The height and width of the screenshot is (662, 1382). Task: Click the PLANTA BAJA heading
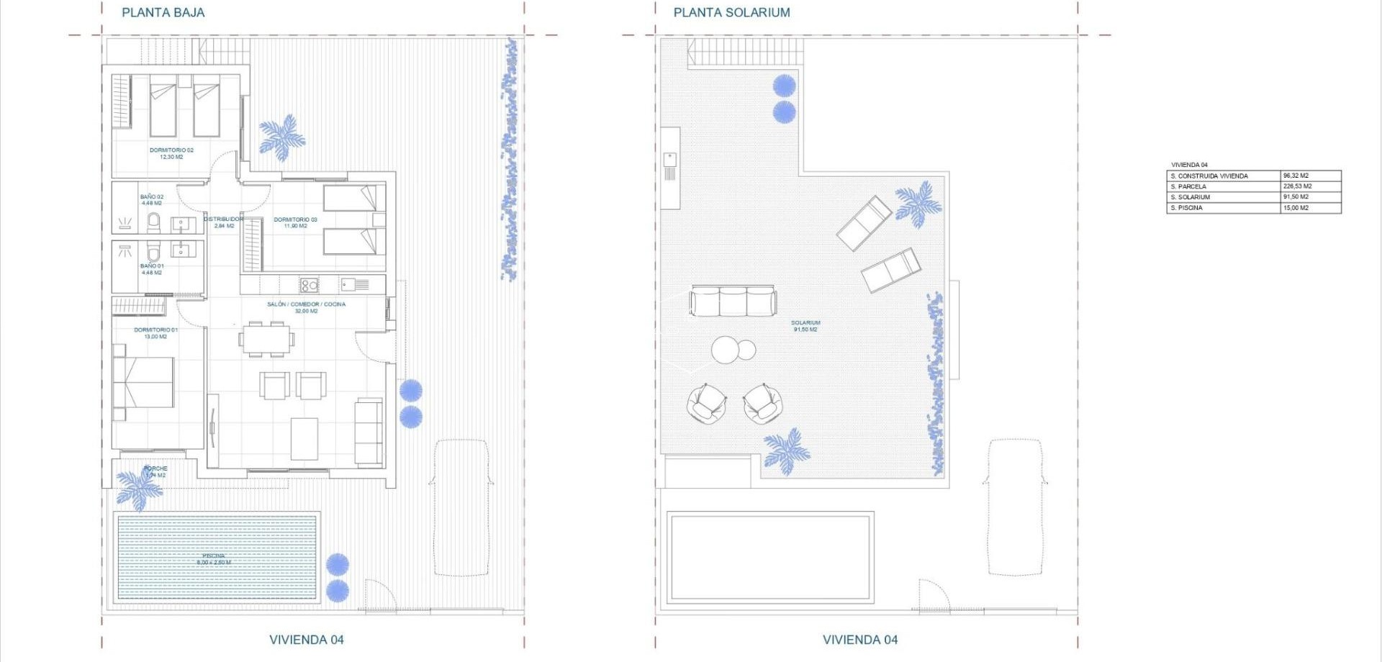(163, 12)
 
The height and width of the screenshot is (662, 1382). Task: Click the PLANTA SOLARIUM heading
(731, 12)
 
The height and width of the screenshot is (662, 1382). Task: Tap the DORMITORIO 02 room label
(171, 153)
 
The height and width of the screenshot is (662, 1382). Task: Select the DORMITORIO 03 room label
(295, 222)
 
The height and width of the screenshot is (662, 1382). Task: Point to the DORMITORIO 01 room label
(155, 333)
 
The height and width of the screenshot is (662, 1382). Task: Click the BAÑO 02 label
(152, 199)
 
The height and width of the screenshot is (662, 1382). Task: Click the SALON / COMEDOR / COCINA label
(306, 307)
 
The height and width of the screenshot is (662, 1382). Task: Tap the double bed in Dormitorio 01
(144, 382)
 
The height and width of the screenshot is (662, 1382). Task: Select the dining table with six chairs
(266, 339)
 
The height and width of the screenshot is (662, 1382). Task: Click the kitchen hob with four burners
(309, 285)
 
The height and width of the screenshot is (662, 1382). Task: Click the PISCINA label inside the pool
(214, 559)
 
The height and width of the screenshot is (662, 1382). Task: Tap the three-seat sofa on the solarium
(733, 301)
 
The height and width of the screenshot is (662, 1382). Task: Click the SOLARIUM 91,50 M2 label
(805, 326)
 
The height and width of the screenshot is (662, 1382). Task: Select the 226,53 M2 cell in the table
(1297, 186)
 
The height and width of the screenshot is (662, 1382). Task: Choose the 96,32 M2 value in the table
(1296, 176)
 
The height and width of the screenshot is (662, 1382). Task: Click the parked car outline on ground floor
(461, 507)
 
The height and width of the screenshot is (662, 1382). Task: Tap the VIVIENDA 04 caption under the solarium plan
(859, 639)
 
